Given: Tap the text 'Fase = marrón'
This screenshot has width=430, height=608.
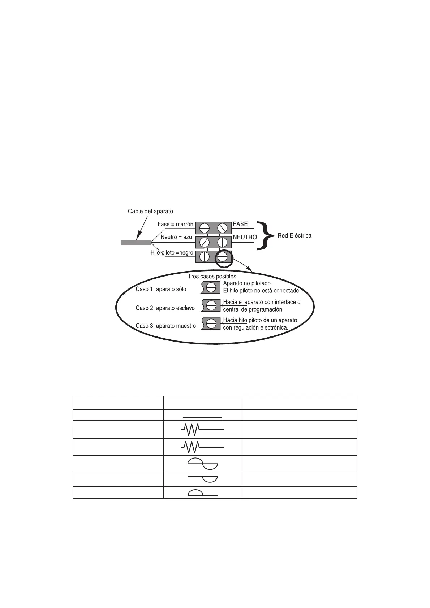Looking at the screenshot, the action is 175,224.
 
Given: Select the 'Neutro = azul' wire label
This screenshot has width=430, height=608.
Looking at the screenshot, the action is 177,237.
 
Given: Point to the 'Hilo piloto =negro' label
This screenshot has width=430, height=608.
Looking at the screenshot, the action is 172,253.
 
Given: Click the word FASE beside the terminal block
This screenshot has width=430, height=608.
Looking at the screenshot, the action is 240,224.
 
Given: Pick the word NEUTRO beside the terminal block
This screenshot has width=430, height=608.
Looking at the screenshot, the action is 245,237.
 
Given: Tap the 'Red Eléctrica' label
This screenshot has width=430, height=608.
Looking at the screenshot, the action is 294,235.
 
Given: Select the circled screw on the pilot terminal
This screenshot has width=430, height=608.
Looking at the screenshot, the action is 222,257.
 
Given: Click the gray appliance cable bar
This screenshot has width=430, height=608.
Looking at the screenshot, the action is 136,242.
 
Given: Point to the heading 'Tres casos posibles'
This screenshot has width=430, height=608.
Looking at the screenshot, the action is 212,277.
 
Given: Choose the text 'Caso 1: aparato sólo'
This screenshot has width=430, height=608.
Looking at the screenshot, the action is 161,289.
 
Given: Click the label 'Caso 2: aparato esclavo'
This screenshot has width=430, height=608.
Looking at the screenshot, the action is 165,308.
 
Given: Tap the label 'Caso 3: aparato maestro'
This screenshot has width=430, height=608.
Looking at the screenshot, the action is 165,326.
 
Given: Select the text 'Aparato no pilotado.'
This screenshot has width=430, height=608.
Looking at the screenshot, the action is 248,283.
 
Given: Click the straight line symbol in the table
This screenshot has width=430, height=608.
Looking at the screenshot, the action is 202,418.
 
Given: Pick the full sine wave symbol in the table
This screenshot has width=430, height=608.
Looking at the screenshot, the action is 202,464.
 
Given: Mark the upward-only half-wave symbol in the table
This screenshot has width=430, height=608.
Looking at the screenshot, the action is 202,492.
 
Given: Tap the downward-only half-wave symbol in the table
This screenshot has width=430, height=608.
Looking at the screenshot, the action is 202,479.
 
